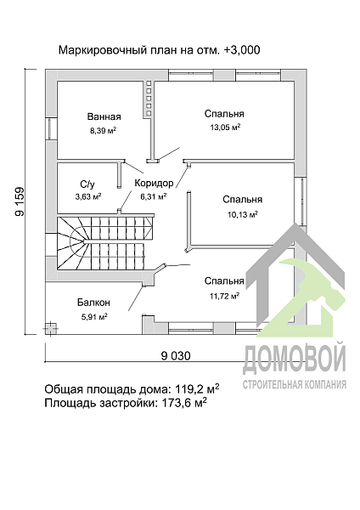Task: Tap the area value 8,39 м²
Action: coord(103,131)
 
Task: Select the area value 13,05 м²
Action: coord(224,127)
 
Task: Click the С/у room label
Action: coord(87,184)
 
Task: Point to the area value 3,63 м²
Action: coord(87,196)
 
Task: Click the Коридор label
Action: coord(154,183)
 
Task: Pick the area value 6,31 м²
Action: coord(152,196)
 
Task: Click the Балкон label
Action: coord(93,302)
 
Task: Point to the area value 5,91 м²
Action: coord(93,317)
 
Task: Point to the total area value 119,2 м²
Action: coord(193,388)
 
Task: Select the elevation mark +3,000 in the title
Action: coord(240,50)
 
